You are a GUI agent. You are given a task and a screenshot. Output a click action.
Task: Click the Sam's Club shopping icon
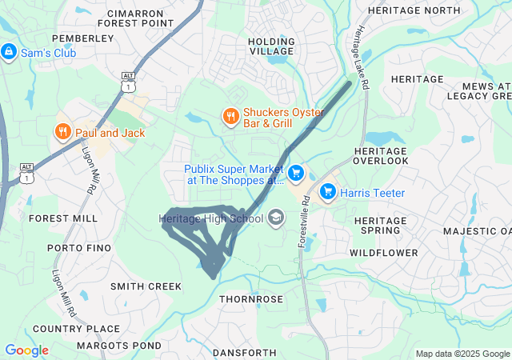[9, 52]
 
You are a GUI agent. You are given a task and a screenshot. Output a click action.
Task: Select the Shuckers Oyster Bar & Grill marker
[230, 117]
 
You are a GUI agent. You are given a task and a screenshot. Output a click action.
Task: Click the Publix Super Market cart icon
[296, 172]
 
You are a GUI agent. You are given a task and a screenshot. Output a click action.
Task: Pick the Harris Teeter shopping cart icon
[327, 192]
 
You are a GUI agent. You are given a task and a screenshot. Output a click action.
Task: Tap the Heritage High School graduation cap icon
[276, 218]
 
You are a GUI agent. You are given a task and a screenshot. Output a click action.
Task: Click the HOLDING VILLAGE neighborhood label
[271, 46]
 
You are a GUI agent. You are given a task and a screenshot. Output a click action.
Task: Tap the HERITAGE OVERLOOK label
[381, 156]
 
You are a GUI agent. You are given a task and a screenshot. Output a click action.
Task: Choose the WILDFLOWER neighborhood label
[383, 253]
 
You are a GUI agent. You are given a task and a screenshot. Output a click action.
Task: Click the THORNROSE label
[252, 299]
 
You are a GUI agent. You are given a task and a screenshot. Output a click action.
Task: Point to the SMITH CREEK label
[146, 286]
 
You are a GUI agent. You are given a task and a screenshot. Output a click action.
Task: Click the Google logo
[26, 350]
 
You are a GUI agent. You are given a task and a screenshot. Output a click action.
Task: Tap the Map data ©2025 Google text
[462, 354]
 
